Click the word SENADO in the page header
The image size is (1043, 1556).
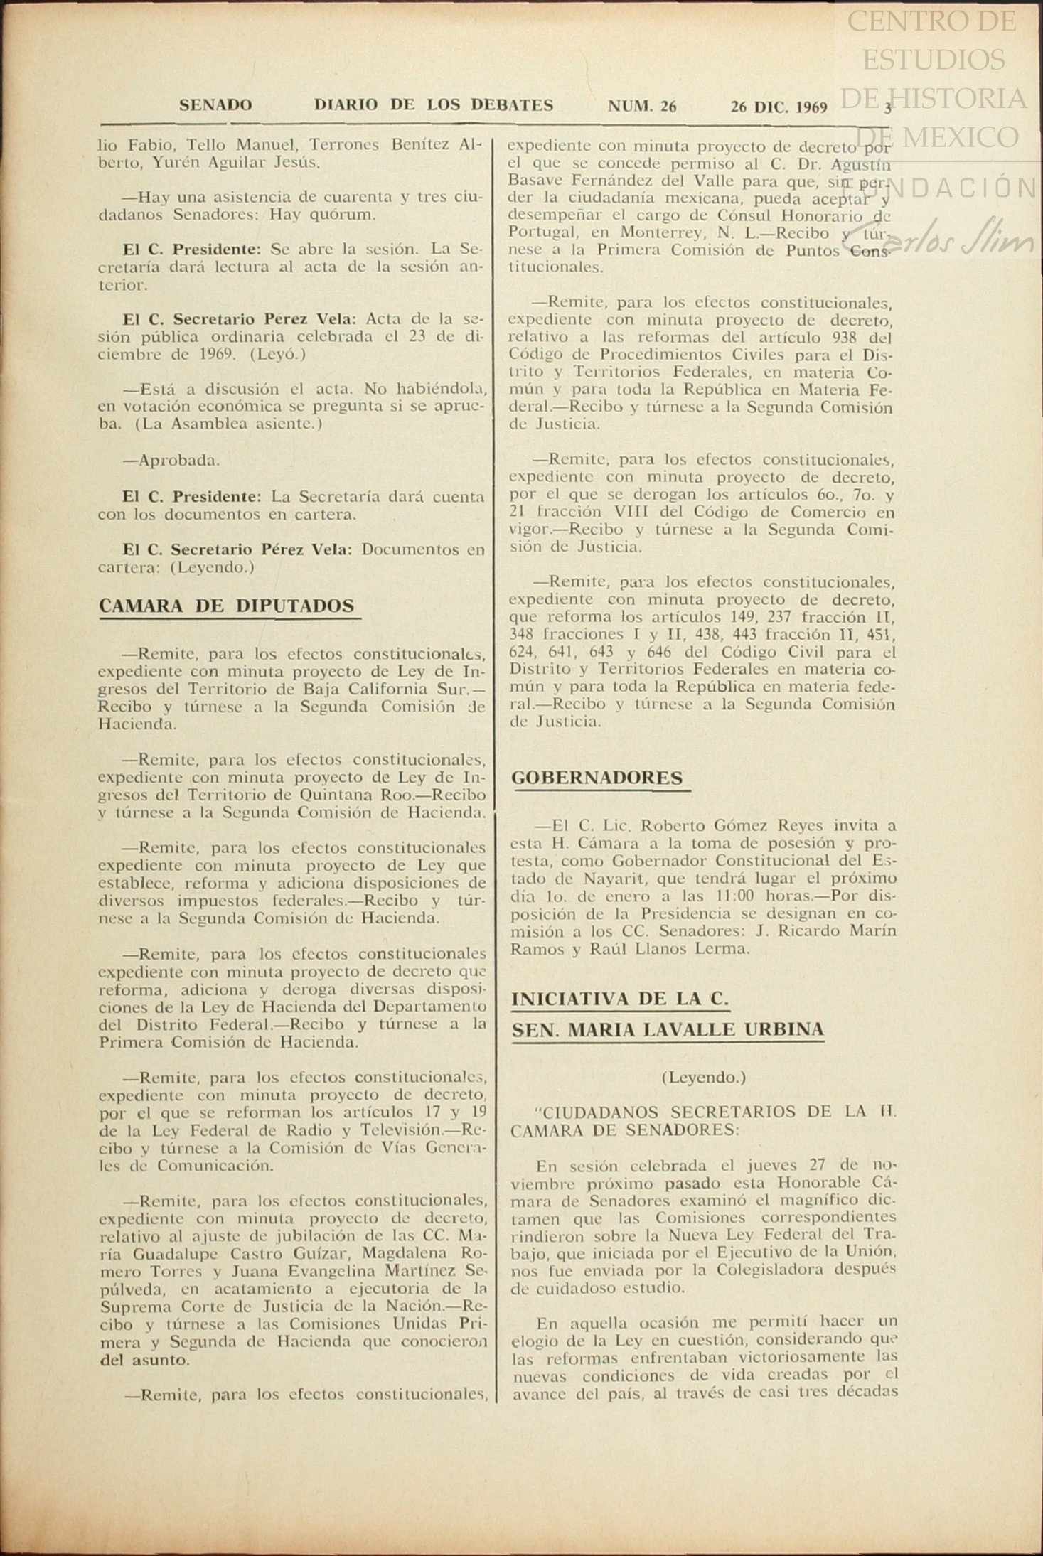point(215,106)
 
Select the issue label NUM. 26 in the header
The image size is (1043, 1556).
point(642,107)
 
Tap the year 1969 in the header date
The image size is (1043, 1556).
point(811,107)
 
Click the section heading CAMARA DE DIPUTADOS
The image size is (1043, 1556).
point(227,606)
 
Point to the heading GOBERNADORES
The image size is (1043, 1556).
point(597,778)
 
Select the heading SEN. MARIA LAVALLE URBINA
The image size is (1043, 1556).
point(668,1029)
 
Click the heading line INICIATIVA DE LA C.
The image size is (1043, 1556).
point(620,998)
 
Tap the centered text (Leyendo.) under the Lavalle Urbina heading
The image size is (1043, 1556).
point(704,1077)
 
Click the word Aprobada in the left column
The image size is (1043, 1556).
point(178,460)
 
